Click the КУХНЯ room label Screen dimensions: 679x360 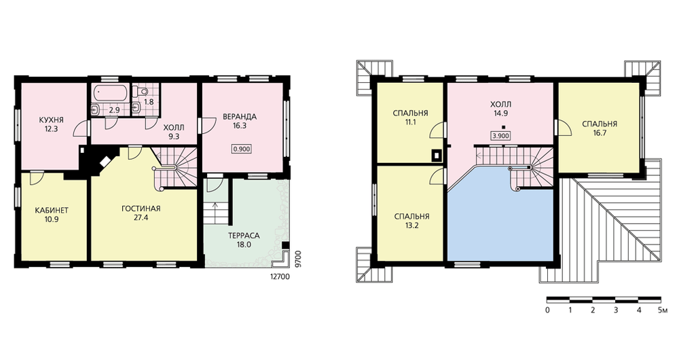click(x=51, y=120)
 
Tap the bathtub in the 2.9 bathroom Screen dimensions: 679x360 click(x=111, y=92)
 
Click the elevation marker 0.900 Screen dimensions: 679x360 click(x=242, y=149)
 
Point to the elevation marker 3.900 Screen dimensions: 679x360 click(x=500, y=136)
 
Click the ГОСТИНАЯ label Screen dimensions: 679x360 click(x=141, y=209)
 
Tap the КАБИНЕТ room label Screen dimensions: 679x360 click(x=52, y=211)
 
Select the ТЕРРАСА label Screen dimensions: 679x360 click(x=244, y=236)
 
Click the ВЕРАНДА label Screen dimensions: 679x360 click(x=240, y=117)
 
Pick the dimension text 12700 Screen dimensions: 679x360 click(x=279, y=276)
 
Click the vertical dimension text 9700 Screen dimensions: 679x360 click(x=297, y=259)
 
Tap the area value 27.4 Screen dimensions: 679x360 click(x=141, y=217)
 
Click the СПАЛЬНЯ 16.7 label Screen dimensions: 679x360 click(x=600, y=128)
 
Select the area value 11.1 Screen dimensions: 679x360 click(x=410, y=122)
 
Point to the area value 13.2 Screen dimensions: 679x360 click(x=411, y=226)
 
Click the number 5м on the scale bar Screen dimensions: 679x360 click(x=663, y=310)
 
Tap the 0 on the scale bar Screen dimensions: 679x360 click(x=547, y=310)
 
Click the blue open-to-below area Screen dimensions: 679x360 click(x=500, y=221)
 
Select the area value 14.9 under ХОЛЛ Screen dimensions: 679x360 click(x=500, y=113)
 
